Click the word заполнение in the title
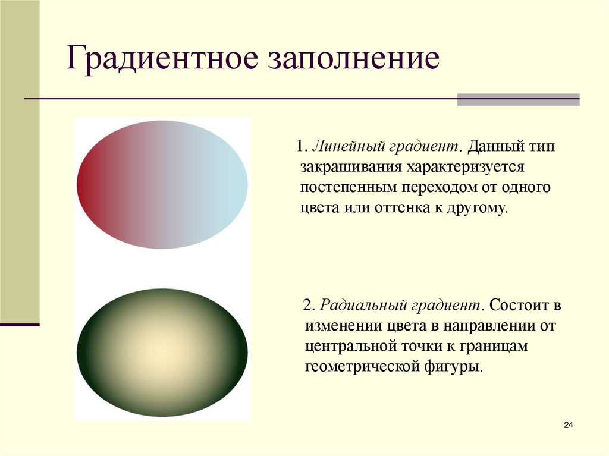(356, 61)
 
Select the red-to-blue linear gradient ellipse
(162, 184)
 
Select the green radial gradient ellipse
(162, 353)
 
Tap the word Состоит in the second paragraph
(518, 306)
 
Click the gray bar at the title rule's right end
(518, 99)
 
